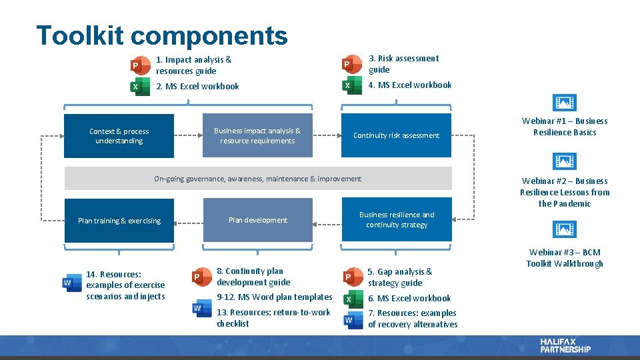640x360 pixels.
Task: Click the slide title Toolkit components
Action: [x=162, y=35]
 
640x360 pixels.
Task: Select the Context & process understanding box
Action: [x=119, y=136]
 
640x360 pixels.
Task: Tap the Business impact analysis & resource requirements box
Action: [x=257, y=136]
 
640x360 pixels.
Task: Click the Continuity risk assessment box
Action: [x=396, y=136]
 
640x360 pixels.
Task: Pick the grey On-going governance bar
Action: [x=257, y=179]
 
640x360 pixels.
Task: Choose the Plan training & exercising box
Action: [x=119, y=221]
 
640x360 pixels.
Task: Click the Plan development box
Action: [x=257, y=220]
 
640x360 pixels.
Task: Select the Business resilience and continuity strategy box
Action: [x=396, y=220]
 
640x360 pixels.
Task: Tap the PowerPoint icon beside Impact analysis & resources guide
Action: [x=139, y=65]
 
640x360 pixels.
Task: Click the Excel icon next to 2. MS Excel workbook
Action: [x=139, y=87]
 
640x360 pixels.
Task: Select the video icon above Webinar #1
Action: [x=565, y=103]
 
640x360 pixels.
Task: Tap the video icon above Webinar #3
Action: [x=565, y=230]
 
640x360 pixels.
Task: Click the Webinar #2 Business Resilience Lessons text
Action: [x=565, y=192]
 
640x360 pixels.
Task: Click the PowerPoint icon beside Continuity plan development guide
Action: [x=199, y=277]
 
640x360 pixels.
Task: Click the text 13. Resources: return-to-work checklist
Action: [x=273, y=318]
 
